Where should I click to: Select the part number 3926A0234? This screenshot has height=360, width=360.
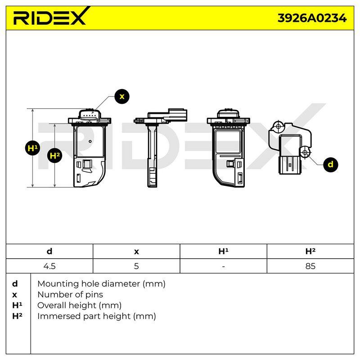coord(312,18)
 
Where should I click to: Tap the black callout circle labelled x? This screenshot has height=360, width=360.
coord(122,96)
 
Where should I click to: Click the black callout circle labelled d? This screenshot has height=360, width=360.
coord(330,164)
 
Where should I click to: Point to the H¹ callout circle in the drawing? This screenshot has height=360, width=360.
coord(32,148)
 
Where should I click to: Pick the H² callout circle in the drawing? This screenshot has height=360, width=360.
coord(54,156)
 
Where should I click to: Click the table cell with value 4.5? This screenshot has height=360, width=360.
coord(49,266)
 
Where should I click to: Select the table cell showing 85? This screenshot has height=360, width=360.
coord(310,266)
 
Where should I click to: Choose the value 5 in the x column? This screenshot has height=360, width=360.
coord(136,266)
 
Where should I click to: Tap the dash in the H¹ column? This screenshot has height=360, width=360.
coord(223,266)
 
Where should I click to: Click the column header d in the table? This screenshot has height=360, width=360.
coord(49,252)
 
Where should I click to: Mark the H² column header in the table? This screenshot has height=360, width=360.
coord(310,252)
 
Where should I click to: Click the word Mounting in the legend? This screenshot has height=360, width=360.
coord(58,284)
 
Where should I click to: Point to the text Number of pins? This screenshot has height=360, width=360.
coord(70,295)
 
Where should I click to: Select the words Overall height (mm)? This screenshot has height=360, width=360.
coord(80,306)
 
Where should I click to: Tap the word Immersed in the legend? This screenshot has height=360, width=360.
coord(59,316)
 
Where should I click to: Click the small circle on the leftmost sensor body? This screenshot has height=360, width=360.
coord(90,141)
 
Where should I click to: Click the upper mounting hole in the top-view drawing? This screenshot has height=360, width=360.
coord(278,126)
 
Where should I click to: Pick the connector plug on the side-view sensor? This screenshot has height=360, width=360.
coord(178,114)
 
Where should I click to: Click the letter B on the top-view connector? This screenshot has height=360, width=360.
coord(290,165)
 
